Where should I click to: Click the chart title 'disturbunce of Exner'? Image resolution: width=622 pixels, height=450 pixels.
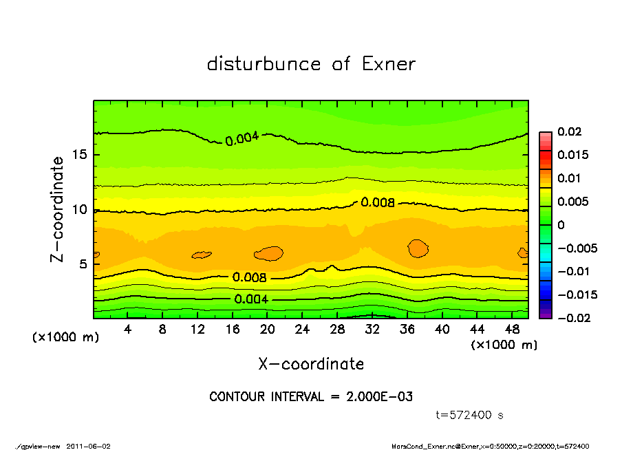pyautogui.click(x=311, y=65)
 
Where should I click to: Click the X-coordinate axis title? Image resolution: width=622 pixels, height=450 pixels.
pyautogui.click(x=311, y=363)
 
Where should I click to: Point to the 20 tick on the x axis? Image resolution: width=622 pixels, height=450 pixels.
pyautogui.click(x=268, y=330)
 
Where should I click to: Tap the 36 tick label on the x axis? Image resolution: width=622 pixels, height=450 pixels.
pyautogui.click(x=407, y=330)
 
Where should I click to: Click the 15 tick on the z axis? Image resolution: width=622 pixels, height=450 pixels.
pyautogui.click(x=80, y=155)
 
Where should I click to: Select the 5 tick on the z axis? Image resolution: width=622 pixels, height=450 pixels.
pyautogui.click(x=83, y=264)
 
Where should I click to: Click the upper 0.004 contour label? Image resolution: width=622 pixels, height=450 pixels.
pyautogui.click(x=242, y=138)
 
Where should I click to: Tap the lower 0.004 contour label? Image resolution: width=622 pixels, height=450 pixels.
pyautogui.click(x=251, y=299)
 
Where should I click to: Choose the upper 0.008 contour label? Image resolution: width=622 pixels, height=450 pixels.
pyautogui.click(x=378, y=203)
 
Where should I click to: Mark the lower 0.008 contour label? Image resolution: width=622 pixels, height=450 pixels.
pyautogui.click(x=249, y=277)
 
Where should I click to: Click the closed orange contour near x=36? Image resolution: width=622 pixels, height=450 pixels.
pyautogui.click(x=418, y=248)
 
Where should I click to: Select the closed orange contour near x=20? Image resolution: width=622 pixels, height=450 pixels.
pyautogui.click(x=269, y=253)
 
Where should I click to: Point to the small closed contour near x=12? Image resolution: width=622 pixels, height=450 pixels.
pyautogui.click(x=202, y=255)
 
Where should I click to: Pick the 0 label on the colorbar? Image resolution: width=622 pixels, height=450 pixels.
pyautogui.click(x=560, y=225)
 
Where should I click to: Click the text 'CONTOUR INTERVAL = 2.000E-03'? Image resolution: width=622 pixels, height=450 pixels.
pyautogui.click(x=311, y=397)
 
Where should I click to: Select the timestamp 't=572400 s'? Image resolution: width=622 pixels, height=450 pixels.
pyautogui.click(x=470, y=415)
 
